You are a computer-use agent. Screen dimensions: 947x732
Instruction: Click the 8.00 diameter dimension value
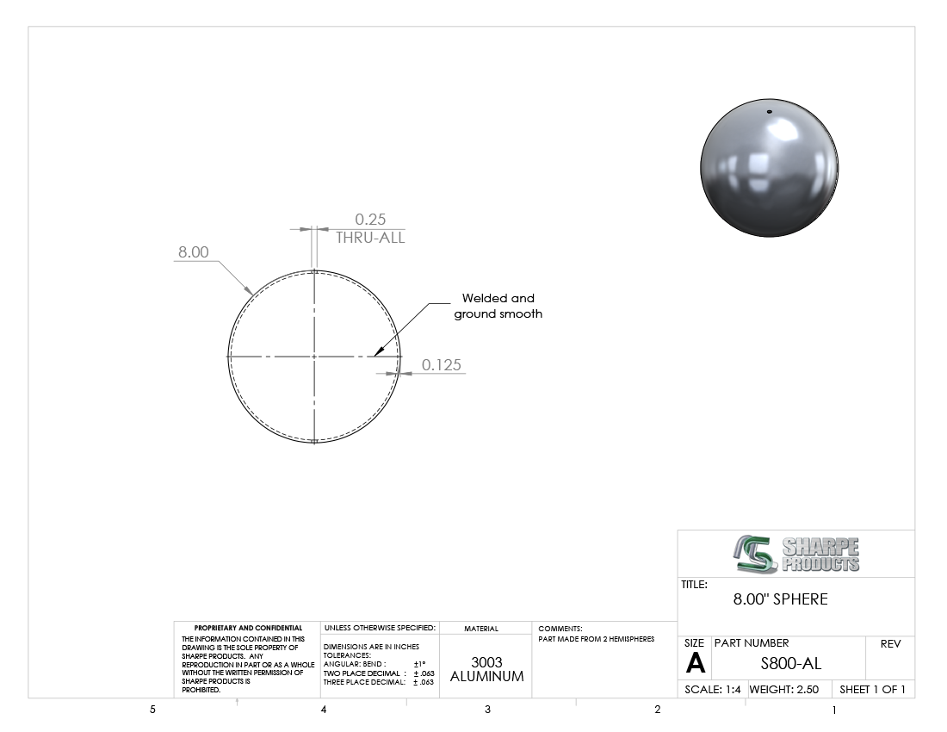pyautogui.click(x=193, y=251)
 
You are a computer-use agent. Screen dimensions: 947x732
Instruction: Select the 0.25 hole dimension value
pyautogui.click(x=370, y=220)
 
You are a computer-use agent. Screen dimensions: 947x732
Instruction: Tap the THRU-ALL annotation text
pyautogui.click(x=370, y=238)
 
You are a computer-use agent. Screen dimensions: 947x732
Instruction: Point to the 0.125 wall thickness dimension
pyautogui.click(x=441, y=365)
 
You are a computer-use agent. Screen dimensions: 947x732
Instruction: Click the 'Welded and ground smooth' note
pyautogui.click(x=498, y=306)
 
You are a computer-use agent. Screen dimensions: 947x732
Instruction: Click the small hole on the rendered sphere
pyautogui.click(x=769, y=112)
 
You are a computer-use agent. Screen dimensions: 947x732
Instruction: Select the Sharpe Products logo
pyautogui.click(x=796, y=554)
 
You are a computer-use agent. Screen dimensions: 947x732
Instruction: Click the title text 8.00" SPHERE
pyautogui.click(x=780, y=599)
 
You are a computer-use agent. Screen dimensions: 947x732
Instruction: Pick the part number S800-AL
pyautogui.click(x=790, y=663)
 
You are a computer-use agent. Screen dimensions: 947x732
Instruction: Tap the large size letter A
pyautogui.click(x=695, y=663)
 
